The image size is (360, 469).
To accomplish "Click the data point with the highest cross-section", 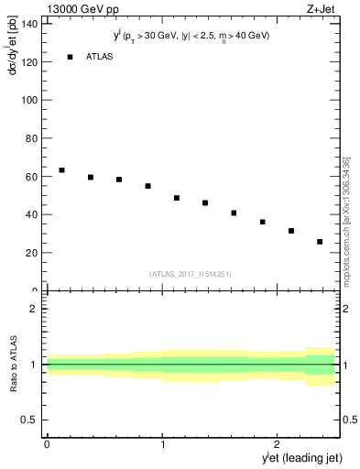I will click(x=61, y=170).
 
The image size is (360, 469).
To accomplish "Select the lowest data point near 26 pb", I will click(x=320, y=242).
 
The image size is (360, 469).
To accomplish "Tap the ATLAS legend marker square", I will click(x=70, y=57).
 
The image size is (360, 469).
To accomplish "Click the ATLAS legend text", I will click(x=101, y=57).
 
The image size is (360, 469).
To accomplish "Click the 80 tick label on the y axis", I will click(x=32, y=138).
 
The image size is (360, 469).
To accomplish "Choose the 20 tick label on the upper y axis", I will click(x=32, y=253).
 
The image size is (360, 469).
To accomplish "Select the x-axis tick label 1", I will click(x=163, y=444).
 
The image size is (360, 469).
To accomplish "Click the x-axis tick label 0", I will click(x=47, y=444).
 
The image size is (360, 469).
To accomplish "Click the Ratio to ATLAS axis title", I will click(x=14, y=364).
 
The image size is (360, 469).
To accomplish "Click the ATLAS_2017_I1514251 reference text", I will click(x=191, y=274).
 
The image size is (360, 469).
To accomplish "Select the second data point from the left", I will click(x=91, y=177).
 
